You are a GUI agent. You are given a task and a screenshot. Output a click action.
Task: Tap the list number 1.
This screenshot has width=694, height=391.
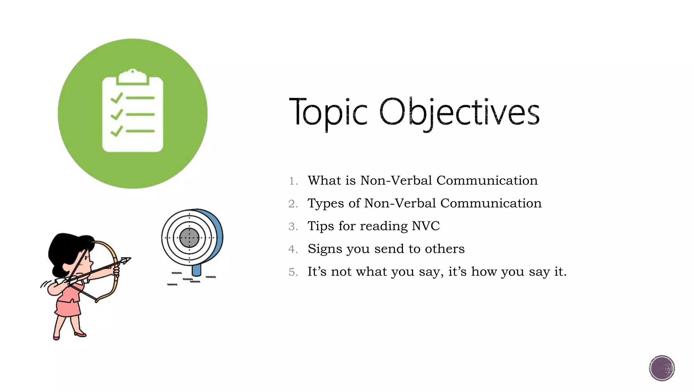pos(293,181)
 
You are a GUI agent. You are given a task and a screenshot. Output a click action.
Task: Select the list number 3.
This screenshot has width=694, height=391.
pos(293,227)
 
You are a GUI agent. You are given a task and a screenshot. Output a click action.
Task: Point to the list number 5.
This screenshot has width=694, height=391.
pos(293,272)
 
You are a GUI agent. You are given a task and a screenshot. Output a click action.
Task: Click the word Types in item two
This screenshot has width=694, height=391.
pos(326,204)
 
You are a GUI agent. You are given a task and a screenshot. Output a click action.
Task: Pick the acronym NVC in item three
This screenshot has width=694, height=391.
pos(426,226)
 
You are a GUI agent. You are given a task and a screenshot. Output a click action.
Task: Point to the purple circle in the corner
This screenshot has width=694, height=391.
pos(662,368)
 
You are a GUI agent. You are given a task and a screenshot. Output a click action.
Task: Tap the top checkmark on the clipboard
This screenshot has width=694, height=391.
pos(116,98)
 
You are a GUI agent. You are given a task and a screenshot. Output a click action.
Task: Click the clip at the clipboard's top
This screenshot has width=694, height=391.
pos(132,77)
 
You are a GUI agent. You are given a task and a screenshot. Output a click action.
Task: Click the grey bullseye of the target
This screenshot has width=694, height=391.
pos(189,238)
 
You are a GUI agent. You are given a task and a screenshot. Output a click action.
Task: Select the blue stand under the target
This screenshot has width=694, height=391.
pos(197,270)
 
